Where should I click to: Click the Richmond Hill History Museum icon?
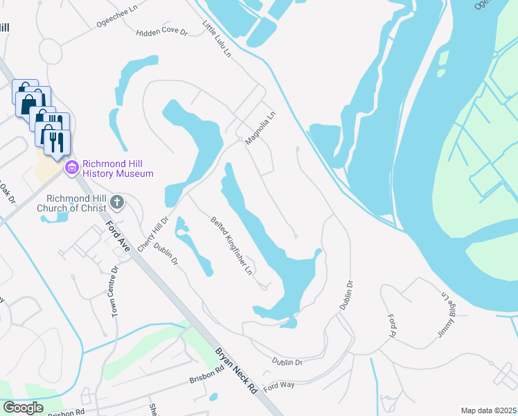coord(71,167)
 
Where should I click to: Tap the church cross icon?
coord(117,202)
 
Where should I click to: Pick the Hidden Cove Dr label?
coord(162,33)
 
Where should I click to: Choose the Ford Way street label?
coord(279,385)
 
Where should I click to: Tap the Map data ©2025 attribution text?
coord(488,410)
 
